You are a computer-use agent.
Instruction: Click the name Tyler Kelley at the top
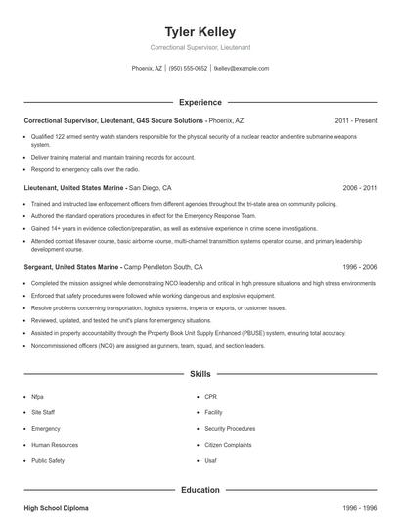click(x=200, y=31)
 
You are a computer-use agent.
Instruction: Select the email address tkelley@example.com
click(x=240, y=69)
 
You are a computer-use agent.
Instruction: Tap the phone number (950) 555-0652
click(x=188, y=69)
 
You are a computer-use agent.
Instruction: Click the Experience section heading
click(x=200, y=102)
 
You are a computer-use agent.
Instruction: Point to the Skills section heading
click(x=200, y=374)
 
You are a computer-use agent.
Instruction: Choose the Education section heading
click(x=200, y=489)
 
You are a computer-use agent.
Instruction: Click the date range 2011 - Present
click(x=355, y=120)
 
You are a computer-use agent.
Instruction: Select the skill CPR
click(x=211, y=397)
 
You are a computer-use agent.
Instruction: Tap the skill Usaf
click(x=212, y=459)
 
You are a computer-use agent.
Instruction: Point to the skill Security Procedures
click(x=231, y=428)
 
